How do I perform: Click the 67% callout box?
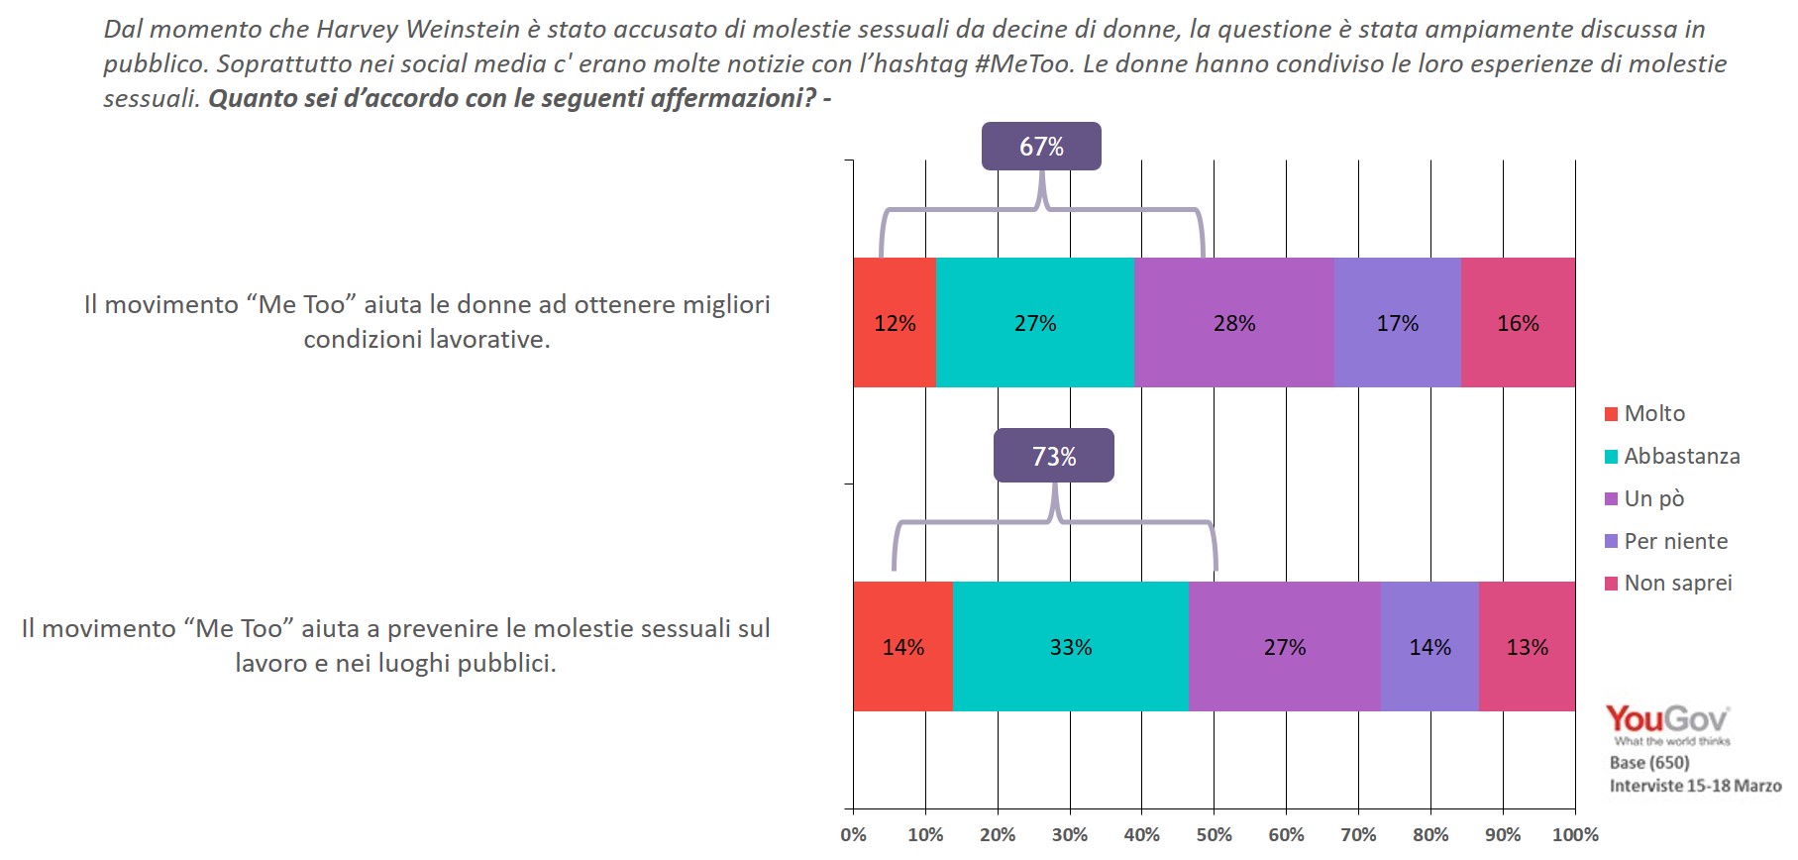tap(1041, 147)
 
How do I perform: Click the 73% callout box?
tap(1053, 456)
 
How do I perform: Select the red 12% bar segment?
tap(895, 323)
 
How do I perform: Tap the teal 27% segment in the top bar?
tap(1035, 323)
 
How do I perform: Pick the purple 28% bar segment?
tap(1234, 323)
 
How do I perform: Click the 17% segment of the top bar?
tap(1397, 323)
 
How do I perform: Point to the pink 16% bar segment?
tap(1518, 323)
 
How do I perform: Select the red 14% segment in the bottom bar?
tap(902, 647)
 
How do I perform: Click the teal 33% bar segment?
tap(1071, 647)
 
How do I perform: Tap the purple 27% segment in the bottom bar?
tap(1285, 647)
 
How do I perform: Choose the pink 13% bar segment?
tap(1527, 647)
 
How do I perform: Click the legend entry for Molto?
tap(1652, 413)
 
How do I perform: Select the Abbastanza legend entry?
tap(1680, 456)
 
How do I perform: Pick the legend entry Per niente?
tap(1674, 541)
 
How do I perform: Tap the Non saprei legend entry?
tap(1677, 583)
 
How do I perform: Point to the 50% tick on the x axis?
tap(1214, 835)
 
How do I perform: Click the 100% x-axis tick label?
tap(1574, 835)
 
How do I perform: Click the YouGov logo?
tap(1667, 721)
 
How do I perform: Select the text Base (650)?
tap(1649, 762)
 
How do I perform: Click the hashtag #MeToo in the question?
tap(1023, 64)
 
